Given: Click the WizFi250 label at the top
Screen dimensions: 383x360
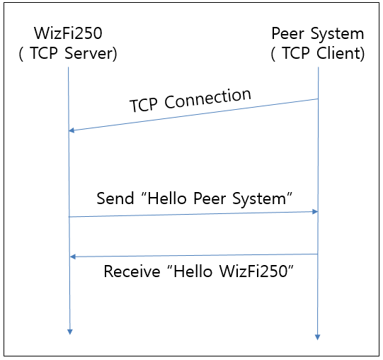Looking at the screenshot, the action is coord(68,33).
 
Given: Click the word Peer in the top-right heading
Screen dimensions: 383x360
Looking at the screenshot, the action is coord(287,33).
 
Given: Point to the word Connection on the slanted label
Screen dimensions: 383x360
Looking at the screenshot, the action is coord(207,99).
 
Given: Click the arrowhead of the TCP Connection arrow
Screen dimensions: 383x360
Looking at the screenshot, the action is coord(72,130).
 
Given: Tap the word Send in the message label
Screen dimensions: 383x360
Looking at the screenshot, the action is coord(115,198).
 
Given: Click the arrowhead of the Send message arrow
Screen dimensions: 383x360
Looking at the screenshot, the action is coord(315,212).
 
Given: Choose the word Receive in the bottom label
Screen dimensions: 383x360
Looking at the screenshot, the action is coord(132,271).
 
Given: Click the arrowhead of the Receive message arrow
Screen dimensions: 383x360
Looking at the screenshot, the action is coord(72,257).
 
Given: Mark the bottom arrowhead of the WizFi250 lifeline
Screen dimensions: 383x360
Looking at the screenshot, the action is coord(70,332).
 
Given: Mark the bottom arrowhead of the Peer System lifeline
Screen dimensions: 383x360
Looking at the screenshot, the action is coord(318,337).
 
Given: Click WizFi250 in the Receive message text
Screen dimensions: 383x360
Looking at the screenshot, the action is coord(253,271).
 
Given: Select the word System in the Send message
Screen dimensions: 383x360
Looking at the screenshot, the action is coord(259,198).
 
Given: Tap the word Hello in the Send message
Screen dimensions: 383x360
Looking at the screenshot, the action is coord(167,198).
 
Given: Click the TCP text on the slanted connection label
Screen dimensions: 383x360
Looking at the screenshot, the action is coord(144,105).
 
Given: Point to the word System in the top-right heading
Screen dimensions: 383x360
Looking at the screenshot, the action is coord(337,33).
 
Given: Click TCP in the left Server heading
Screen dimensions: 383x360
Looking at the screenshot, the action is coord(44,53).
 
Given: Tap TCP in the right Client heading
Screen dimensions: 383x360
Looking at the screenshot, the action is coord(296,53).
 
